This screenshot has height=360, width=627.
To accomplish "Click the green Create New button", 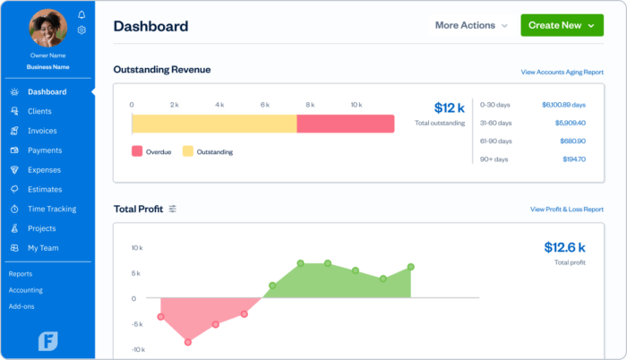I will coord(562,25).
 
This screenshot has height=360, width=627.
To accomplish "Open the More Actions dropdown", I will coord(471,25).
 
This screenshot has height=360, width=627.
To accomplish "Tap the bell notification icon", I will coord(82,15).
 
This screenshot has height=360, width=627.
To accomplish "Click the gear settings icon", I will coord(82,30).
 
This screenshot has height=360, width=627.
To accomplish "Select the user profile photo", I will coord(47,28).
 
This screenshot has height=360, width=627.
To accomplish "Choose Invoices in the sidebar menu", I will coord(42,131).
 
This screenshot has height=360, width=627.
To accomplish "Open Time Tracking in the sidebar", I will coord(51,209).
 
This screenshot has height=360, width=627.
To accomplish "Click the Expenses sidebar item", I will coord(44,170).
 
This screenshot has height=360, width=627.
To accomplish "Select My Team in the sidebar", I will coord(42,248).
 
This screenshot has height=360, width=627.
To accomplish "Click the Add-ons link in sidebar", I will coord(22,306).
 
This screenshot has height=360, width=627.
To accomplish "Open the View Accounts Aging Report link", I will coord(562,72).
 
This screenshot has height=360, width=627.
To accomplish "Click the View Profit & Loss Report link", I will coord(566,210).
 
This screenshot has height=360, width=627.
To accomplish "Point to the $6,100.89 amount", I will coord(563,105).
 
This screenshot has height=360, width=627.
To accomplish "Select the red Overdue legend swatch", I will coord(137,151).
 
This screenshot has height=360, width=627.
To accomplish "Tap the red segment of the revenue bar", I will coord(345,124).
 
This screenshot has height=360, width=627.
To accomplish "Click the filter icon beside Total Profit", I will coord(173,209).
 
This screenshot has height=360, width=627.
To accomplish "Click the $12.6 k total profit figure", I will coord(564,247).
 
